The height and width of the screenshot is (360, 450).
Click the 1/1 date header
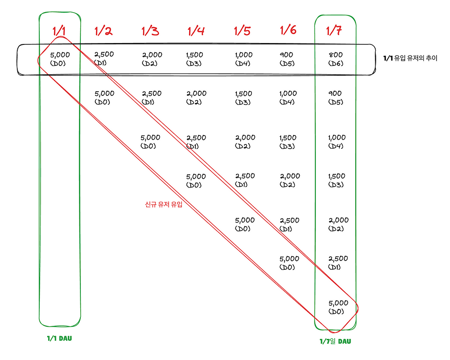click(59, 31)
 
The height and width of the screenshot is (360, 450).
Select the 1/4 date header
click(196, 31)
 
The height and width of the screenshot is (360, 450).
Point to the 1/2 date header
click(103, 31)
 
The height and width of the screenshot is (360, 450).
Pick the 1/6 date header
click(288, 30)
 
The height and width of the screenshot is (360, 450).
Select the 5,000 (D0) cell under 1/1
click(59, 59)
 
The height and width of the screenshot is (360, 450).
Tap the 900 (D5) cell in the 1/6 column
click(287, 59)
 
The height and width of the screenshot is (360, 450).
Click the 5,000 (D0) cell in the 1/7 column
click(338, 307)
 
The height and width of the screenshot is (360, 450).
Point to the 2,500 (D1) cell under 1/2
click(104, 58)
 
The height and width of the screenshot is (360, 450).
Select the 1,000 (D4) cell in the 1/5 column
click(243, 59)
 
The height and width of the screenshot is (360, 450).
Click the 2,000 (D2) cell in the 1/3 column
click(152, 59)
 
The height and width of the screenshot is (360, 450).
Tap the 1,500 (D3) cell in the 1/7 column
click(336, 180)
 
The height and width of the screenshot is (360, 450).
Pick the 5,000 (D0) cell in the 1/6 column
click(289, 263)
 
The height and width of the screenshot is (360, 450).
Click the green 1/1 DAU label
click(59, 338)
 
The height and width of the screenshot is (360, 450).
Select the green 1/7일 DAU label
click(335, 341)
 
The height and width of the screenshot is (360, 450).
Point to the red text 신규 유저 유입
click(163, 204)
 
